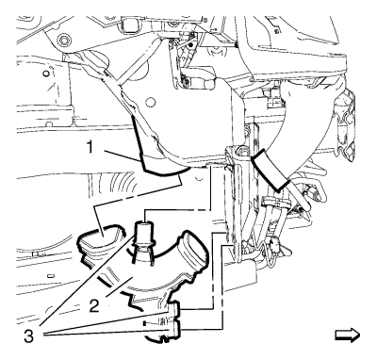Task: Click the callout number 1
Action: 90,146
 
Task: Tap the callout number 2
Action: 94,305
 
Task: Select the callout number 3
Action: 28,336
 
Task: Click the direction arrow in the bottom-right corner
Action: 347,335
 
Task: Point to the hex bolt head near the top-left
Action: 64,41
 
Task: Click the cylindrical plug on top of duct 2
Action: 144,232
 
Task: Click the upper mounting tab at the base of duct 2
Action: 174,309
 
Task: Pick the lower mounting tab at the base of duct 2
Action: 174,328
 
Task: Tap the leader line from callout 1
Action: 123,156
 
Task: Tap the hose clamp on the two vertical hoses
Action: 275,202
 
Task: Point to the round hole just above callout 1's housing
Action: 151,102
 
